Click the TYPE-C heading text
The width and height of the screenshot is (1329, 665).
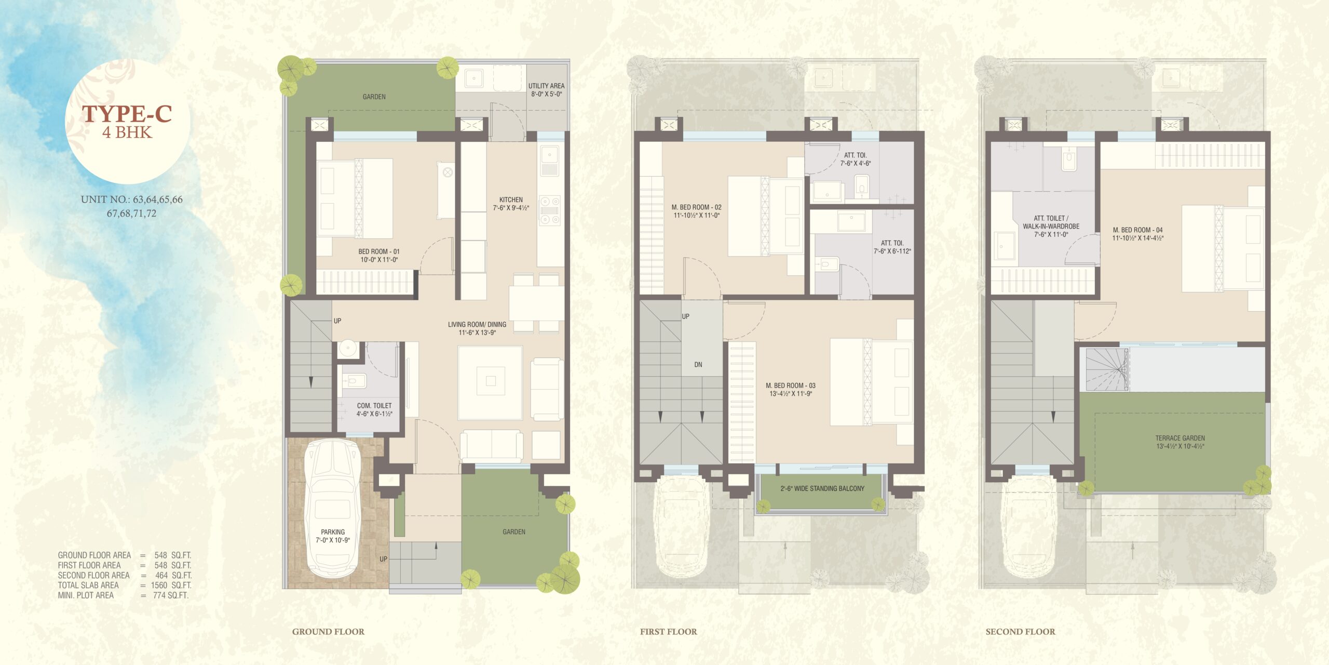[x=127, y=114]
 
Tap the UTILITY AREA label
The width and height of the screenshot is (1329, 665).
[x=546, y=86]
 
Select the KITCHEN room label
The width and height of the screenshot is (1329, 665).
[x=511, y=199]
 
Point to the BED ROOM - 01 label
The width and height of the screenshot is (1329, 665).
[x=379, y=251]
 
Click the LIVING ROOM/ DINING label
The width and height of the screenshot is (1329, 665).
[x=477, y=324]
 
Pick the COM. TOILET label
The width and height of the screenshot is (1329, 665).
[x=374, y=406]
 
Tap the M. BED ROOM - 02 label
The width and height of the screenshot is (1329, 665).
[x=697, y=207]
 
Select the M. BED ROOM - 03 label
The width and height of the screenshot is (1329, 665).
[x=791, y=385]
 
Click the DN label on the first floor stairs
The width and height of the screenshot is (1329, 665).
[x=698, y=365]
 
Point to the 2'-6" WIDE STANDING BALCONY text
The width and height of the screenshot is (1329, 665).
[x=822, y=488]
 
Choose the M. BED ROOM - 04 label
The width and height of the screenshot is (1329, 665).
[x=1138, y=230]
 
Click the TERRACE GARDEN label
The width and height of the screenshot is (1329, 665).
[x=1180, y=438]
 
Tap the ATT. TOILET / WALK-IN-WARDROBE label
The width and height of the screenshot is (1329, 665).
[x=1051, y=222]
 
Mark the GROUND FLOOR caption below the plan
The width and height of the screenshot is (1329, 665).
[x=328, y=632]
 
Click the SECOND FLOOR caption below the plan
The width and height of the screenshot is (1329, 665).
[x=1021, y=632]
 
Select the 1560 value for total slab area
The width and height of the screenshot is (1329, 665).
[x=159, y=585]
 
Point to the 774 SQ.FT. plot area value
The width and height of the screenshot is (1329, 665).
[x=170, y=595]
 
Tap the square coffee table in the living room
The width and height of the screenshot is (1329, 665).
[x=490, y=382]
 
